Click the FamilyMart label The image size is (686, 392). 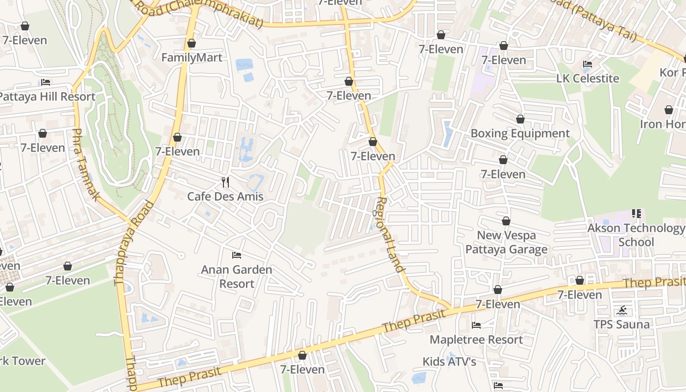(x=192, y=58)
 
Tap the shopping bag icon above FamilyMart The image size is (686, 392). (x=192, y=43)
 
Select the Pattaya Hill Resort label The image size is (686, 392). (x=47, y=97)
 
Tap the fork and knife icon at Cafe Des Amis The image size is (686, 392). (x=225, y=182)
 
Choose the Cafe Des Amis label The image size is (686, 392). (x=225, y=196)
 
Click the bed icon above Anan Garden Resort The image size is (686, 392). (x=237, y=255)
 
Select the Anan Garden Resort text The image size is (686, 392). (x=237, y=276)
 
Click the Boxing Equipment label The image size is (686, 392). (x=520, y=133)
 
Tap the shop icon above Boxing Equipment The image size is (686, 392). (x=520, y=119)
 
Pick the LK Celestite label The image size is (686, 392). (x=588, y=78)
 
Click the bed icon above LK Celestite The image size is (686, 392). (x=588, y=64)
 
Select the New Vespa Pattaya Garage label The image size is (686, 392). (x=506, y=242)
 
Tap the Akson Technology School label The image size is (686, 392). (x=636, y=235)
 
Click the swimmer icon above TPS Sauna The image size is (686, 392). (x=622, y=310)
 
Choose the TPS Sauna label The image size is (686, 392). (x=622, y=324)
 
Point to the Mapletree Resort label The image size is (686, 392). (x=476, y=340)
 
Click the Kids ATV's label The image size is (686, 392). (x=449, y=362)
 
